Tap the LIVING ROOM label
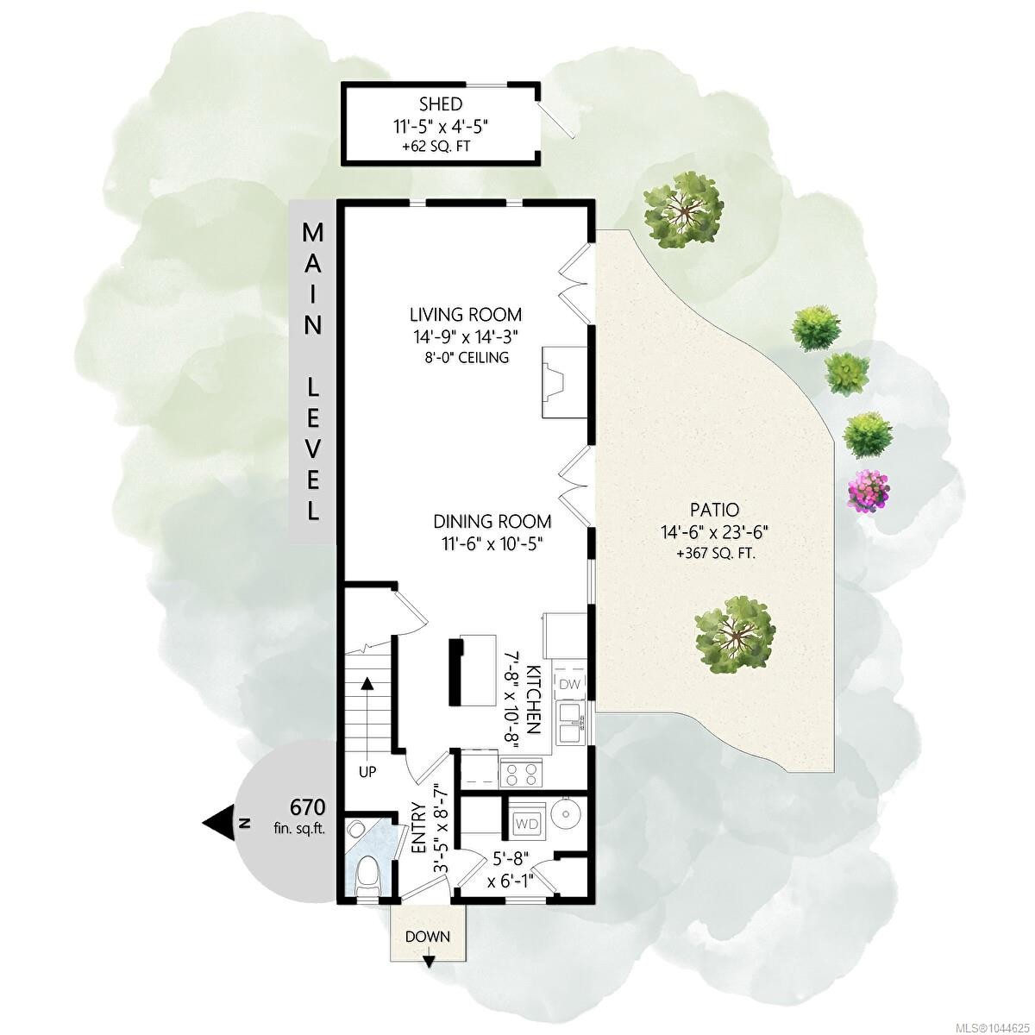466,314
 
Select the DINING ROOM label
492,522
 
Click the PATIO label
714,509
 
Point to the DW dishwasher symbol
570,684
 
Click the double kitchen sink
570,723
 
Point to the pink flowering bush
868,490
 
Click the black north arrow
217,824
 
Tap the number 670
307,807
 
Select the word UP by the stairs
367,772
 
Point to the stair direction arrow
367,707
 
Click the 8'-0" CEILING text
465,357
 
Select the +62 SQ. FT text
436,146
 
